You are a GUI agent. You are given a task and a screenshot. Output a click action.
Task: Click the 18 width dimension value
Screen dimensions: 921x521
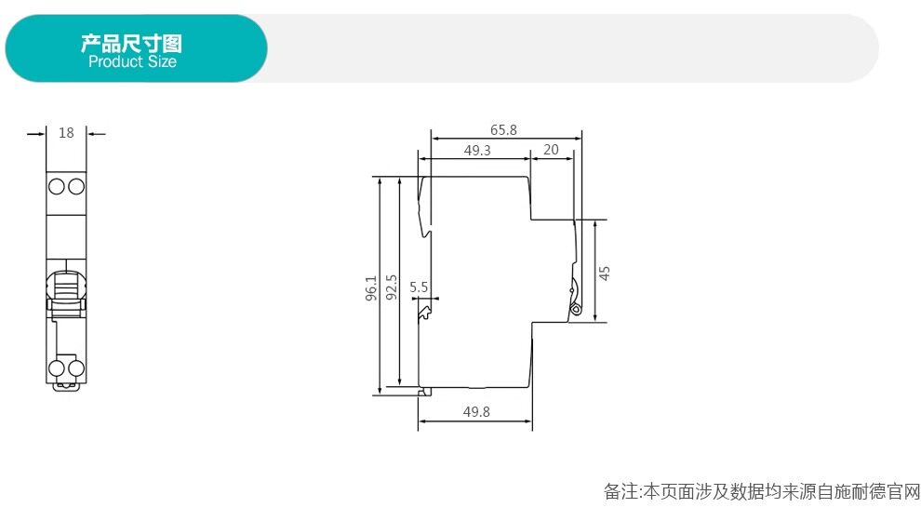[66, 133]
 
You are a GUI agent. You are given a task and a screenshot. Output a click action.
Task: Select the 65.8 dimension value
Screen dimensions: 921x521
[503, 130]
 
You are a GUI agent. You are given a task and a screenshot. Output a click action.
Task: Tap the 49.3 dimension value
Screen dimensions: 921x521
[477, 151]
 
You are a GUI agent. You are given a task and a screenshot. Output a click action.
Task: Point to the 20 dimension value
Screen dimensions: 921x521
[551, 150]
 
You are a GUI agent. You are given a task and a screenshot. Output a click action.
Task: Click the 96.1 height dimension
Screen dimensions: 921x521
[371, 288]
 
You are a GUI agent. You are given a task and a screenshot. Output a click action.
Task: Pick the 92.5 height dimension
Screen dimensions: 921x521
[391, 287]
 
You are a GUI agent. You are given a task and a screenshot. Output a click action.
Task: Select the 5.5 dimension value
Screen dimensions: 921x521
[419, 287]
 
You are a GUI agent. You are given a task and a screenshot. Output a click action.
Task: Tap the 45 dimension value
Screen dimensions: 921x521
[605, 274]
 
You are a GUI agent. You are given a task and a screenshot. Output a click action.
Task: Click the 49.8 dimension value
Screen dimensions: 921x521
[476, 412]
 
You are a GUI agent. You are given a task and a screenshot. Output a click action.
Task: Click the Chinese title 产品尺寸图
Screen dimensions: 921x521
[131, 43]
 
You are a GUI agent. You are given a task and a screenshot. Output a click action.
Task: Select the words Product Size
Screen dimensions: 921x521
[132, 61]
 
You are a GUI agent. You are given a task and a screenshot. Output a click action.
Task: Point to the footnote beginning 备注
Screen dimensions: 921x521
[762, 491]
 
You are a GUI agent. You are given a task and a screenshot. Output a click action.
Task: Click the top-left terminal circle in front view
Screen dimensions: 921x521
[57, 187]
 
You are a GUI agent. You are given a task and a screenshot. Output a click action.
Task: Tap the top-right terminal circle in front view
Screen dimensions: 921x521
[76, 187]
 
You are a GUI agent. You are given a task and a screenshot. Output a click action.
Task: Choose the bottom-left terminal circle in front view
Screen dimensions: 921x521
[57, 368]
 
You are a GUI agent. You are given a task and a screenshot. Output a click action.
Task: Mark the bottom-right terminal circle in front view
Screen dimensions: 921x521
[76, 368]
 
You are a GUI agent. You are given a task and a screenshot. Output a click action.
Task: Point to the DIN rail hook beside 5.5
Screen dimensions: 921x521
[424, 314]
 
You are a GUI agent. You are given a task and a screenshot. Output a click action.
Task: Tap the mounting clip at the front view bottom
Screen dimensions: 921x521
[66, 386]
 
